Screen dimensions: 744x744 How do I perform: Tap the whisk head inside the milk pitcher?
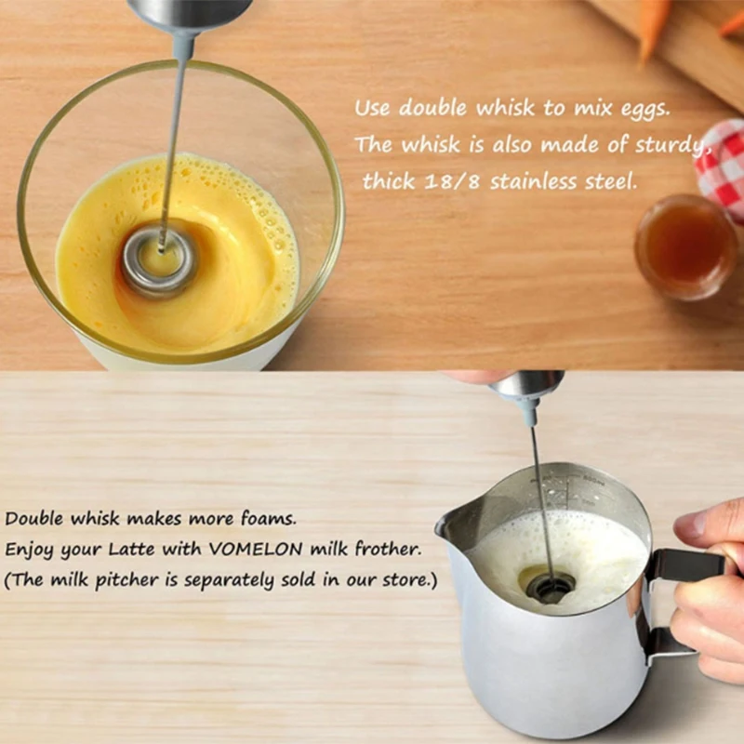click(x=551, y=585)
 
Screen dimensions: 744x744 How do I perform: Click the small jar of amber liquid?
click(x=685, y=246)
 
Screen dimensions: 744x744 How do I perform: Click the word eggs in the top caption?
click(x=639, y=108)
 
